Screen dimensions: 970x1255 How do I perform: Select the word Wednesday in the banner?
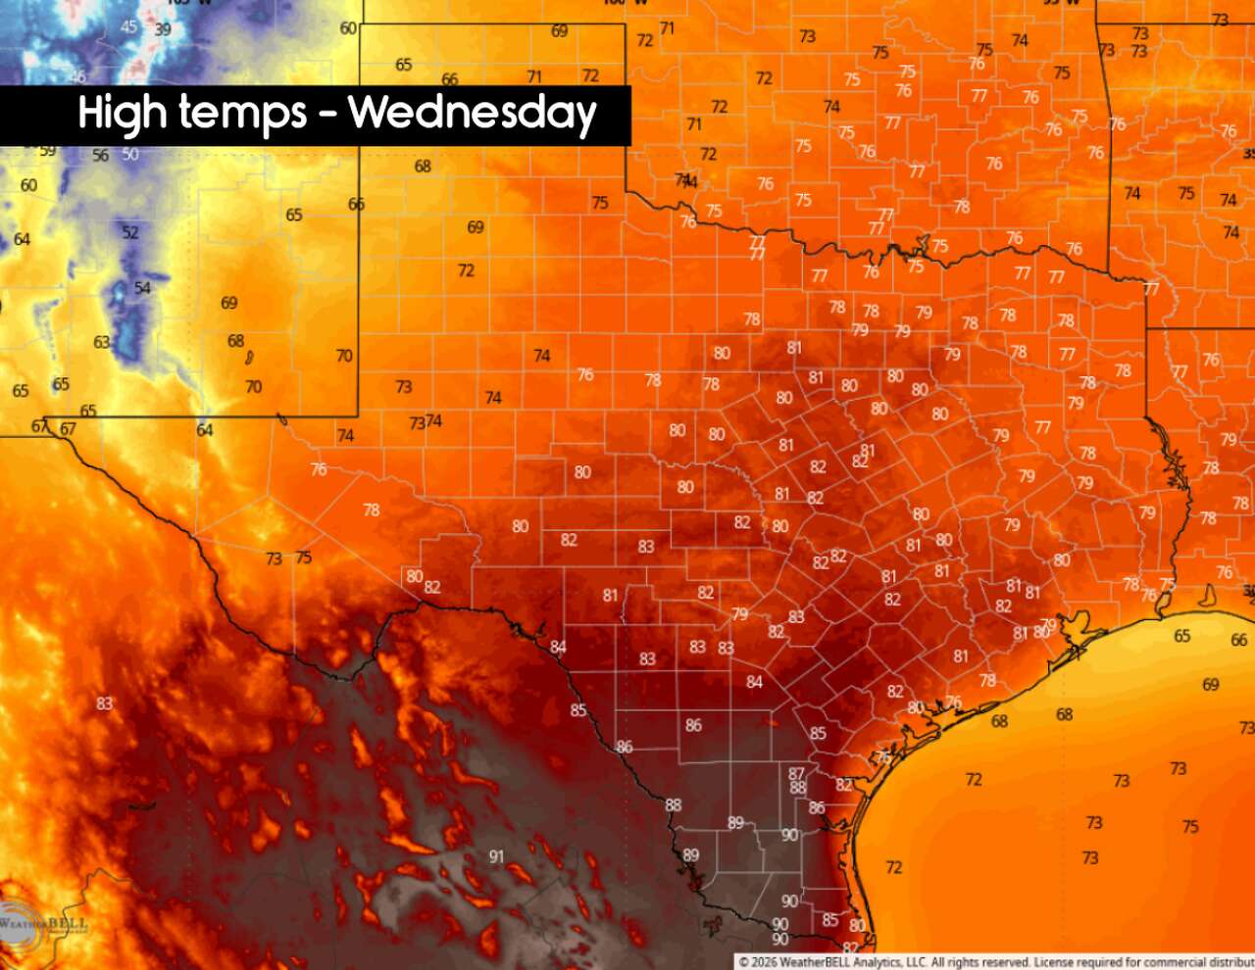pyautogui.click(x=473, y=115)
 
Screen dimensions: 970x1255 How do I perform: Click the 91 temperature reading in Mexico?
pyautogui.click(x=496, y=857)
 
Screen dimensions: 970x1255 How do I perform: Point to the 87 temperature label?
pyautogui.click(x=796, y=774)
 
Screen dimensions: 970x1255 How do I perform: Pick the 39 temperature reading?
pyautogui.click(x=163, y=29)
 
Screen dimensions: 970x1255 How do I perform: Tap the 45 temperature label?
pyautogui.click(x=129, y=27)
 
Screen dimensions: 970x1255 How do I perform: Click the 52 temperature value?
pyautogui.click(x=130, y=232)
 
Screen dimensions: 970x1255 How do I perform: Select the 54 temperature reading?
pyautogui.click(x=143, y=288)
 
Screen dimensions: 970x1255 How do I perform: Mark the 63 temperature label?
pyautogui.click(x=102, y=342)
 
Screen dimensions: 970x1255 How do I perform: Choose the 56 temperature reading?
pyautogui.click(x=101, y=156)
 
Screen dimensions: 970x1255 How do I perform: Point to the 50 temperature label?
pyautogui.click(x=130, y=155)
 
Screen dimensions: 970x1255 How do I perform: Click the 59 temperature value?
pyautogui.click(x=47, y=151)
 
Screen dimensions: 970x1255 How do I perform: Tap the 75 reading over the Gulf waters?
pyautogui.click(x=1190, y=827)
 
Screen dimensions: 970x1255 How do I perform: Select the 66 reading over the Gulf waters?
pyautogui.click(x=1239, y=640)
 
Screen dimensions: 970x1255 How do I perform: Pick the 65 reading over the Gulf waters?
pyautogui.click(x=1182, y=636)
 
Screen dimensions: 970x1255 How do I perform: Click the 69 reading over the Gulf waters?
pyautogui.click(x=1211, y=685)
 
